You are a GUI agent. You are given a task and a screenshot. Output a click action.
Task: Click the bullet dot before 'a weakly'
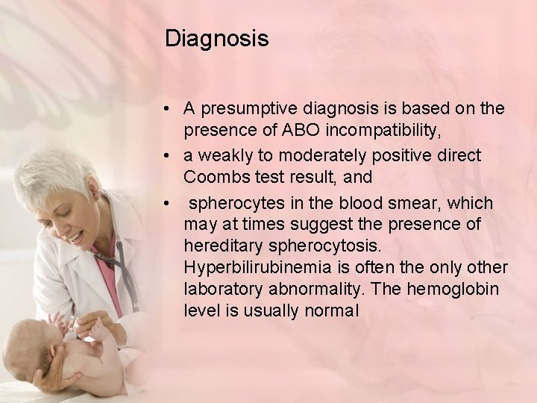coord(172,156)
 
